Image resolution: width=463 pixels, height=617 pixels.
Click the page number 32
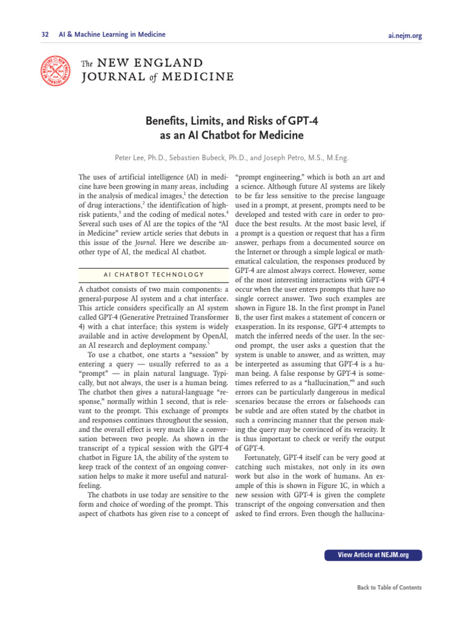(45, 35)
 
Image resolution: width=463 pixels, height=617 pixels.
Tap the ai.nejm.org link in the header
(405, 36)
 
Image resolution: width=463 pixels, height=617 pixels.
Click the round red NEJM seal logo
(56, 69)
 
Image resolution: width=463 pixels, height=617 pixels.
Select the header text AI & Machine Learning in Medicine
(112, 35)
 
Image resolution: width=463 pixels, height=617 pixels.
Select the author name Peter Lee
(132, 158)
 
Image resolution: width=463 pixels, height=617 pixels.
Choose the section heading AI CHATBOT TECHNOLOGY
(154, 275)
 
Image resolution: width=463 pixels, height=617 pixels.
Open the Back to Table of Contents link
(389, 587)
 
